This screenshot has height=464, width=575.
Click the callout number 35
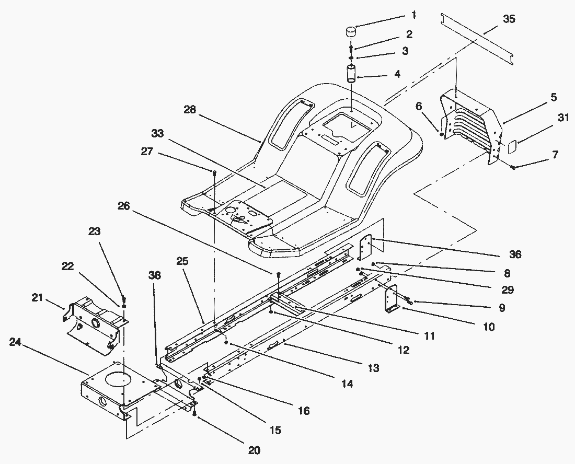[x=508, y=19]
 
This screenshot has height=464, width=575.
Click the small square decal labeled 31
[x=512, y=146]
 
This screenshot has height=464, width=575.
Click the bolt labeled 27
[x=214, y=172]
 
